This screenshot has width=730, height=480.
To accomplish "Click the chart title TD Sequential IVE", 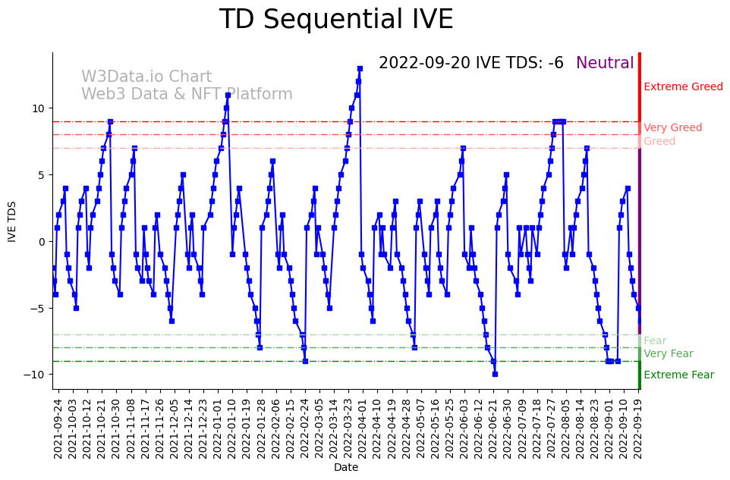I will coord(336,20).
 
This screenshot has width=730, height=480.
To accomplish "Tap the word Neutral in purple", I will coord(605,64).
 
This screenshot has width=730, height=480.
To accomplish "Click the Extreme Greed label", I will coord(683,87).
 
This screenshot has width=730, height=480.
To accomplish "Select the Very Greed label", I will coord(672,128).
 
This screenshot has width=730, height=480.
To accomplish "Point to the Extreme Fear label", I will coord(678,375).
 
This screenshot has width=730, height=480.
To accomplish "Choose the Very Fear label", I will coord(668,353).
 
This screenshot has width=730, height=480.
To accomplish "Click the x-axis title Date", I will coord(346,468).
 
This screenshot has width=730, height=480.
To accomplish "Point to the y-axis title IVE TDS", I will coord(12,221).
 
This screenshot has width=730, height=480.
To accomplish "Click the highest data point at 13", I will coord(360,68).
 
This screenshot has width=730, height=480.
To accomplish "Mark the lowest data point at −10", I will coord(495,374).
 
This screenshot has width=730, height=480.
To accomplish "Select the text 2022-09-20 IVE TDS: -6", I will coord(470,64).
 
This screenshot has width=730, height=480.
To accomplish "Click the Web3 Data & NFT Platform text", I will coord(187,95).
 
